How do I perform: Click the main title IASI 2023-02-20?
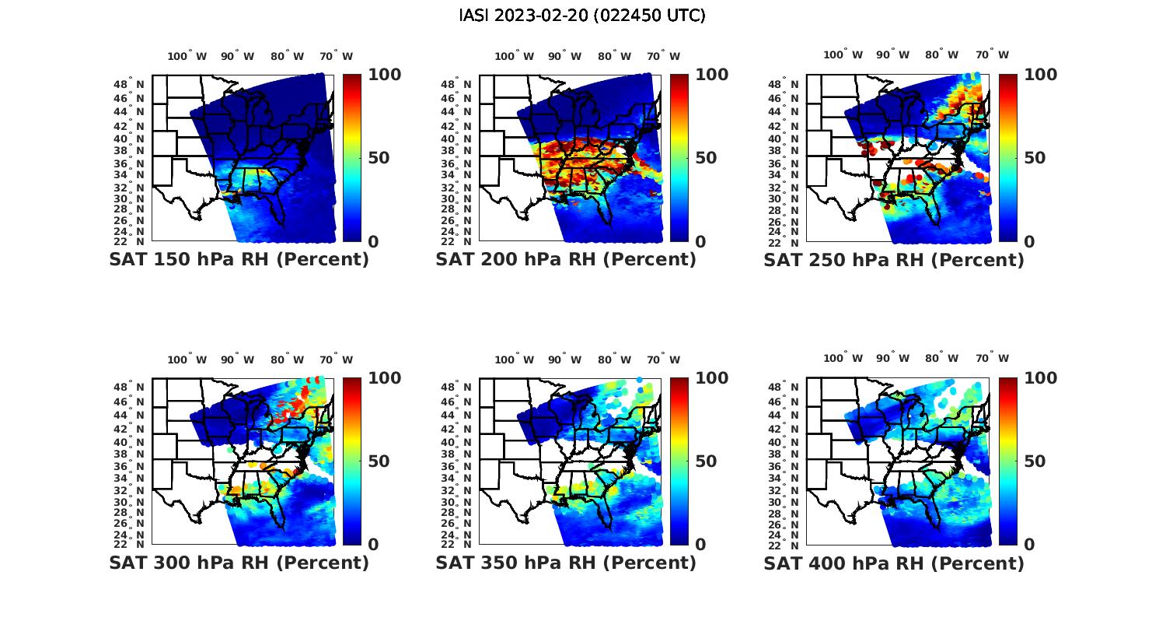point(582,16)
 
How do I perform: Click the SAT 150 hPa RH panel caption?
point(239,260)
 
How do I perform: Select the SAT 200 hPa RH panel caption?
point(566,260)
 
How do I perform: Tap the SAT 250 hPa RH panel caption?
point(894,260)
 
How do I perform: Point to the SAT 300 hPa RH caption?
point(239,563)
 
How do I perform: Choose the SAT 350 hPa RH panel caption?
point(566,563)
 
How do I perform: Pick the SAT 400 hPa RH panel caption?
point(894,563)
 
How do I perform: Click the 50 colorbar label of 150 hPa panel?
point(379,158)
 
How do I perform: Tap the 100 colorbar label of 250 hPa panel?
point(1041,75)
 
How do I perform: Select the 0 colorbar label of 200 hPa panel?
point(700,242)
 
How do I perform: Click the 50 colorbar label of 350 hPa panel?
point(706,461)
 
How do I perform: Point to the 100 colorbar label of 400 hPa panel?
point(1041,378)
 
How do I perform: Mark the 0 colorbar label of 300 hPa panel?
point(373,545)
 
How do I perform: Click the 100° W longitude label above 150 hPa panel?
point(187,56)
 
